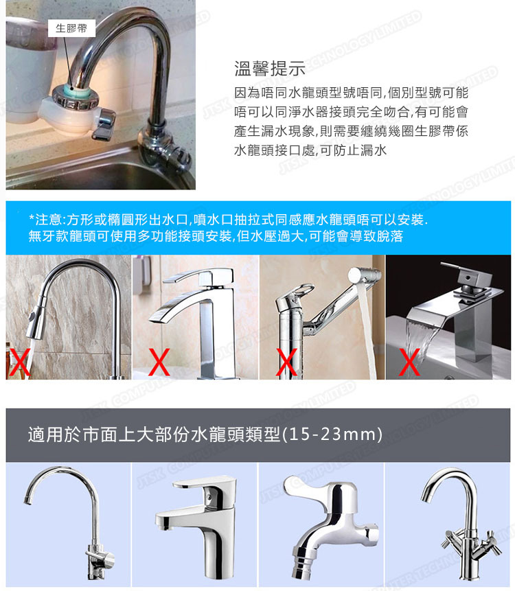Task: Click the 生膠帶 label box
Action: (x=71, y=28)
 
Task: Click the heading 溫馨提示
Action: (x=270, y=69)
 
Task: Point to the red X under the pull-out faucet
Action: (x=19, y=362)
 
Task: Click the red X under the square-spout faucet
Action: (x=159, y=362)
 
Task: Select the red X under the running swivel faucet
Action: (x=287, y=362)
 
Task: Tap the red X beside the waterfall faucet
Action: (x=409, y=362)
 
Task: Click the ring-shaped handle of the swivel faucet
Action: (x=304, y=291)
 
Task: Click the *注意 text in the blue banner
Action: (x=45, y=220)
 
